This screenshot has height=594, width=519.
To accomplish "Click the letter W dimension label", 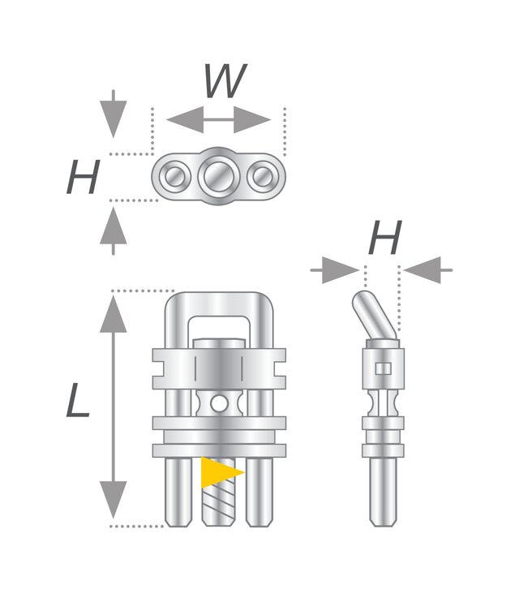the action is pos(225,80).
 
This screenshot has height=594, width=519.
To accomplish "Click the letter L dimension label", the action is pos(78,400).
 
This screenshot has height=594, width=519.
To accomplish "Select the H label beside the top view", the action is pos(84,177).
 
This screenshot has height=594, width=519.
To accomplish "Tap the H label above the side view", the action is pos(385,238).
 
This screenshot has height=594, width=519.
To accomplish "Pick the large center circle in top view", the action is pos(218,176).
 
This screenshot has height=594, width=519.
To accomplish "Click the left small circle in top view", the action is pos(174,176).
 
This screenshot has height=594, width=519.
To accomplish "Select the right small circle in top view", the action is pos(263,176).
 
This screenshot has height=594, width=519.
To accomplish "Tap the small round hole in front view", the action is pos(219,403).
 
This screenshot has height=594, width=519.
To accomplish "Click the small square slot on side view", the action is pos(383,368).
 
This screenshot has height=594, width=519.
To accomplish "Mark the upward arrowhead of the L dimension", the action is pos(114,314).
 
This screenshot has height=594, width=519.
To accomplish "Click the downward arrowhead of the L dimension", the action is pos(114,500).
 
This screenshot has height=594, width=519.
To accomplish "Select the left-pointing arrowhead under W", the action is pos(185,120).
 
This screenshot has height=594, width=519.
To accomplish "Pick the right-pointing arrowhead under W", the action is pos(252,120).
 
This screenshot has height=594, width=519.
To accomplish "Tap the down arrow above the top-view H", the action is pos(114,114).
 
